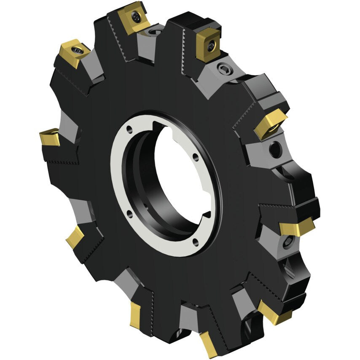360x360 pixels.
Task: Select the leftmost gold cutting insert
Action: [49, 137]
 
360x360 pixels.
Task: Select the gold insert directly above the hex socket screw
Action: [208, 46]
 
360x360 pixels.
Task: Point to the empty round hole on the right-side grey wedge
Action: [274, 150]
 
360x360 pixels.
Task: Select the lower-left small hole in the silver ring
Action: [129, 215]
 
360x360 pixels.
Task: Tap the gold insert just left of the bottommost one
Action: [135, 314]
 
